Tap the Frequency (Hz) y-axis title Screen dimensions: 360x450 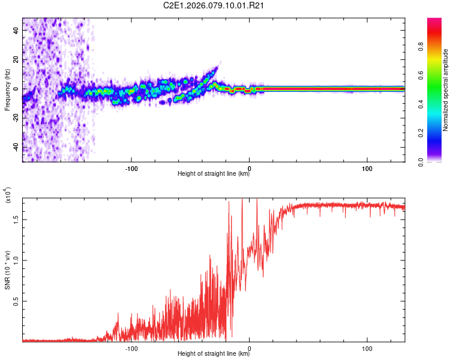(x=7, y=89)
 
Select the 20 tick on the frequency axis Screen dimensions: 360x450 (x=16, y=59)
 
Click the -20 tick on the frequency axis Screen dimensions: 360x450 (x=14, y=118)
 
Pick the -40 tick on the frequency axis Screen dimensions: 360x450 (x=14, y=148)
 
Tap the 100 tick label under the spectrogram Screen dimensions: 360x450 (x=367, y=167)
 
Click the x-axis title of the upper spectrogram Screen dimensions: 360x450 (x=214, y=174)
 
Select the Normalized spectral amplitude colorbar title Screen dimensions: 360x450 (x=445, y=90)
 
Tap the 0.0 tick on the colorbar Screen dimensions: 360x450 (x=439, y=161)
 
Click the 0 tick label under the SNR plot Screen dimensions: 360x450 (x=249, y=347)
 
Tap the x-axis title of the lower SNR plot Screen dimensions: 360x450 (x=214, y=354)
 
